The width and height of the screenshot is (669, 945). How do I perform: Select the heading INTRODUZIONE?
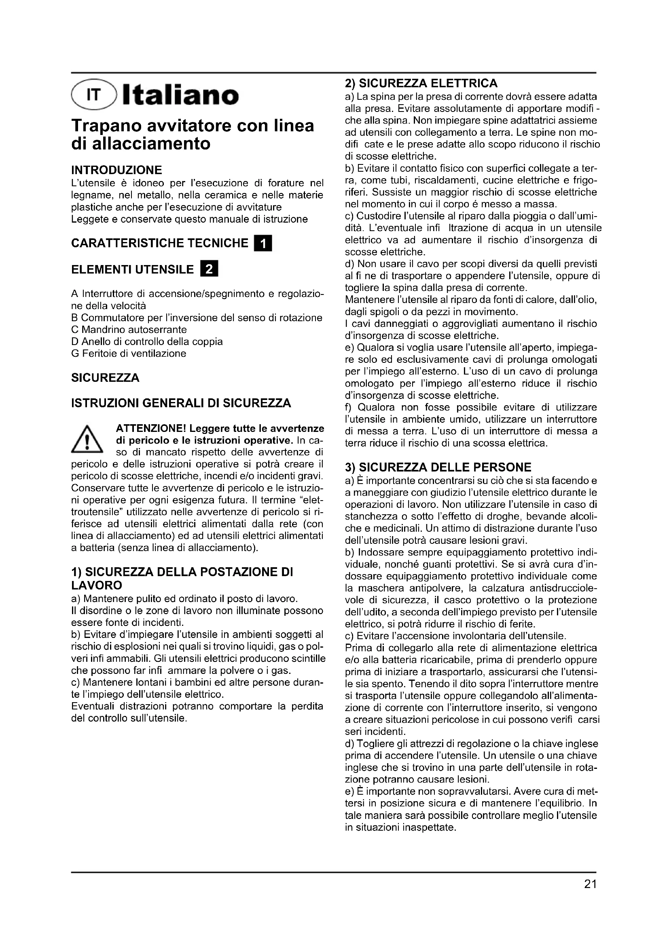116,170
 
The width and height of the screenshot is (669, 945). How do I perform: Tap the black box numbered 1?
263,243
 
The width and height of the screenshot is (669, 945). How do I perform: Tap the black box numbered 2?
209,269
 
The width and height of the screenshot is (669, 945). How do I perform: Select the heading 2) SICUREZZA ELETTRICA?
421,84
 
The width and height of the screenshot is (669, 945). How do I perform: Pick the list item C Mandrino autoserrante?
129,330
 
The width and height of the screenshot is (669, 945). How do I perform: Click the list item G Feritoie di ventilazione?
129,354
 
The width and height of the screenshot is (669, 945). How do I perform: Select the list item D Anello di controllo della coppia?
147,342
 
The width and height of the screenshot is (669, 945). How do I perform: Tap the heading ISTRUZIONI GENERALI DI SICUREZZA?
181,402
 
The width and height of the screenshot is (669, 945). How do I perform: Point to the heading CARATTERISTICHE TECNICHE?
160,243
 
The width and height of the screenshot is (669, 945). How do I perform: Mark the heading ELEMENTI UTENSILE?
132,269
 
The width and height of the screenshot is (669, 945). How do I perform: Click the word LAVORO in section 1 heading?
97,585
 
